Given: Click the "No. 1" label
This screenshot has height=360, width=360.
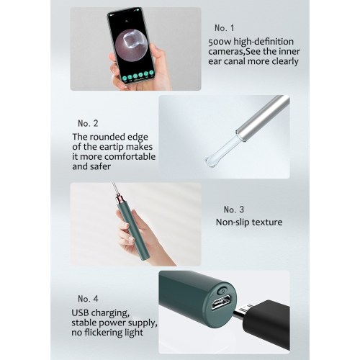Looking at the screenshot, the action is [x=224, y=28].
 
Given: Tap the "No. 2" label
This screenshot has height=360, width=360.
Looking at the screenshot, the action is [x=88, y=123].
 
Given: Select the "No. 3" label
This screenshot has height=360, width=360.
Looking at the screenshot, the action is [x=234, y=210].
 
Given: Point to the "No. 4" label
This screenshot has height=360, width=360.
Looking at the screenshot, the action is [x=88, y=299].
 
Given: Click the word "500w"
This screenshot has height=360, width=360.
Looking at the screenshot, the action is [x=220, y=42].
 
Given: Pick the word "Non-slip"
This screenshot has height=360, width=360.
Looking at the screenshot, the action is [x=233, y=222].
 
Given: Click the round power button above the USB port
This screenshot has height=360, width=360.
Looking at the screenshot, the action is [x=222, y=291].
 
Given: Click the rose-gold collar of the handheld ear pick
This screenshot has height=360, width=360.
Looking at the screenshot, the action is [x=120, y=199].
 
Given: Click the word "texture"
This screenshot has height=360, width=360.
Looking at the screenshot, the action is [x=267, y=222].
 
